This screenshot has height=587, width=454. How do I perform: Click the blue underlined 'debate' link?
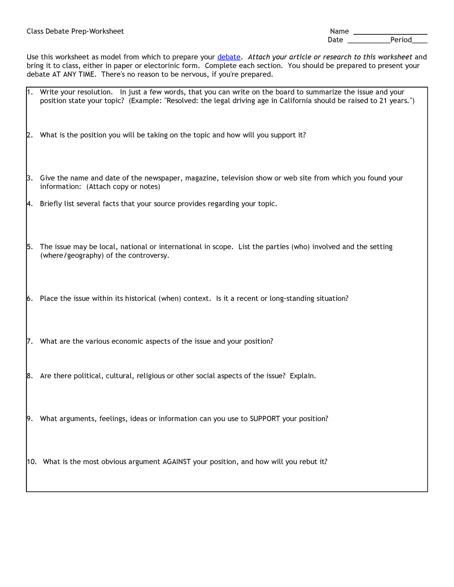pyautogui.click(x=229, y=57)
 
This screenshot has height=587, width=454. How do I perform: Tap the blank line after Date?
pyautogui.click(x=368, y=42)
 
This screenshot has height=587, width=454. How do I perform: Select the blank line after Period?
pyautogui.click(x=420, y=42)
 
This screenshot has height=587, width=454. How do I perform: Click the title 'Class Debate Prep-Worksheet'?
pyautogui.click(x=75, y=31)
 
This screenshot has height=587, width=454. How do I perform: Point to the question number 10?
pyautogui.click(x=31, y=462)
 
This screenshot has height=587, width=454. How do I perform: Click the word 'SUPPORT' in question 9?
pyautogui.click(x=265, y=419)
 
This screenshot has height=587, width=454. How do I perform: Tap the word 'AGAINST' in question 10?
pyautogui.click(x=176, y=462)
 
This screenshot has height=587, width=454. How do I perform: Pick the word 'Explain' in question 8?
pyautogui.click(x=302, y=376)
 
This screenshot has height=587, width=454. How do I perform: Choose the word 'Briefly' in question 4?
pyautogui.click(x=51, y=204)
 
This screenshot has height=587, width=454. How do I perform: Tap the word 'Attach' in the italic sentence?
pyautogui.click(x=259, y=57)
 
